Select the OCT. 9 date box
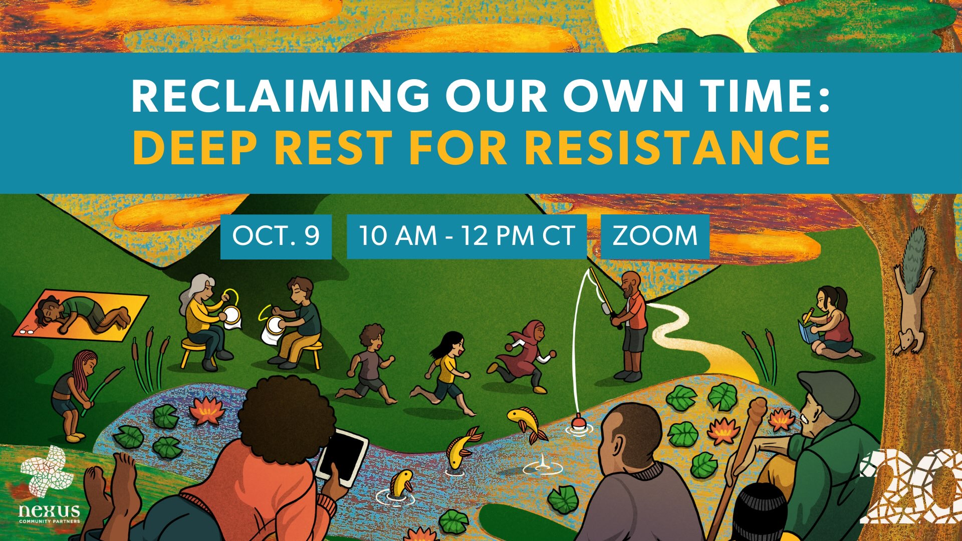(x=276, y=236)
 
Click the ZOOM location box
(x=655, y=236)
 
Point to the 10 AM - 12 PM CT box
(x=466, y=236)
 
